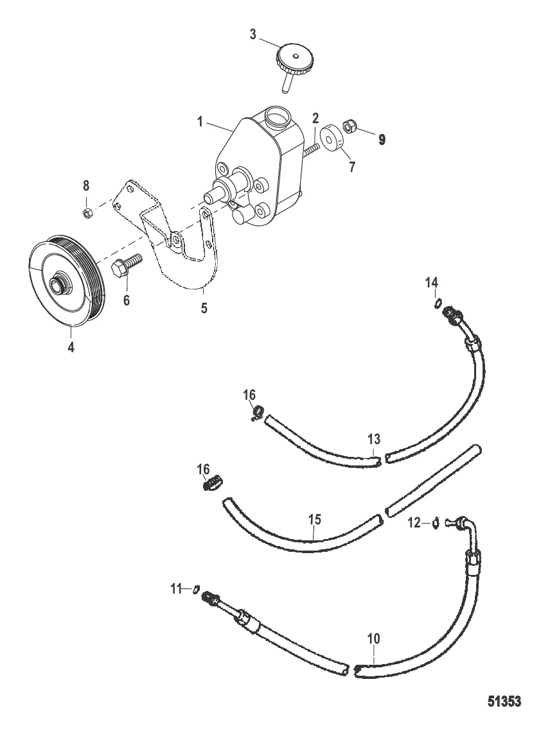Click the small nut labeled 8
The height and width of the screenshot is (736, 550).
87,213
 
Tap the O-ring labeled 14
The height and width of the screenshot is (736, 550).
436,304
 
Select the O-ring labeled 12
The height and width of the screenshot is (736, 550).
436,522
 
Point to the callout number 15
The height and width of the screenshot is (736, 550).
314,520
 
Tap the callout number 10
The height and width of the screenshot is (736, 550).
374,639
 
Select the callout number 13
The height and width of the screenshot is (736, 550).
374,440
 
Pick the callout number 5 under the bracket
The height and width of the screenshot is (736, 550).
204,308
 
